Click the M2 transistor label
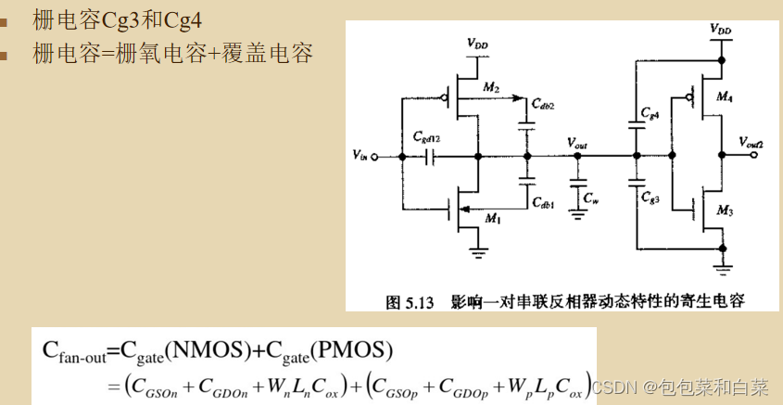[x=491, y=88]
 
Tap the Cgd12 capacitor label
[x=427, y=138]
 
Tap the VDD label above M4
[x=720, y=31]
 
